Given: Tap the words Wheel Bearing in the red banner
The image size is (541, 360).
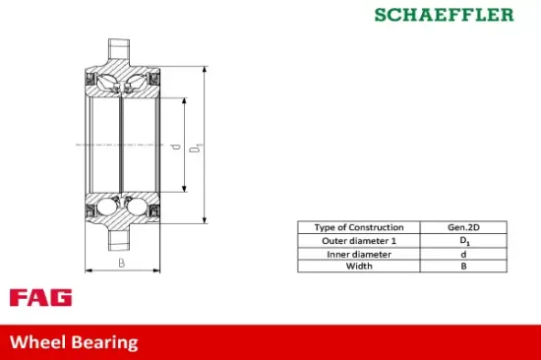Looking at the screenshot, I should [74, 342].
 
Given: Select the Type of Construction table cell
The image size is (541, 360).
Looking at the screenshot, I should [358, 227].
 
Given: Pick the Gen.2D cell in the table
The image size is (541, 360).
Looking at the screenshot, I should [463, 227].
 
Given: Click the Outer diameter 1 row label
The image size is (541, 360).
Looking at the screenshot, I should [358, 240].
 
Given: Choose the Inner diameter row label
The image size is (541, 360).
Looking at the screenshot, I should [358, 254].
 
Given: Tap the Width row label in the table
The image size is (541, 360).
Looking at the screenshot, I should [358, 267].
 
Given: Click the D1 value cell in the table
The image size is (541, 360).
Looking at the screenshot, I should [463, 240].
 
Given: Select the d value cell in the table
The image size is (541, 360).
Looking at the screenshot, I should [463, 254].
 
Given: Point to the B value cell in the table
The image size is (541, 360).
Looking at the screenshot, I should [463, 267].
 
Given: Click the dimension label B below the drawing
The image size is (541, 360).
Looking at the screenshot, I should [121, 263].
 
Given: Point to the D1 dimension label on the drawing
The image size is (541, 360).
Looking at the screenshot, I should [197, 147].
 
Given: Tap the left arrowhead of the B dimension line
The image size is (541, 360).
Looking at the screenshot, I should [89, 270].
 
